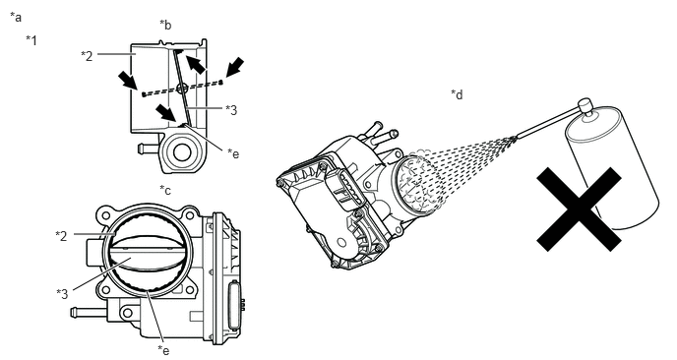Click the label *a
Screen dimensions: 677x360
click(16, 18)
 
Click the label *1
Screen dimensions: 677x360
click(31, 40)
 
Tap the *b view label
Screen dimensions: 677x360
click(165, 25)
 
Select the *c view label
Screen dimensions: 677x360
click(165, 190)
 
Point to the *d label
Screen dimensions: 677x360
click(457, 94)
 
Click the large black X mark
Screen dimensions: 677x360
click(579, 210)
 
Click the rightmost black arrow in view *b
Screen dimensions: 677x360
click(234, 67)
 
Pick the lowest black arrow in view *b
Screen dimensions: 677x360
click(166, 113)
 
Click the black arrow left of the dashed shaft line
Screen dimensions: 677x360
click(128, 82)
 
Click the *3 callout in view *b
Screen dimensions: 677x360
click(231, 110)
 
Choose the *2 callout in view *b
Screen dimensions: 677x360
click(87, 56)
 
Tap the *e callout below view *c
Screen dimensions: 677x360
click(163, 349)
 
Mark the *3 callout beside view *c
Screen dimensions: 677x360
click(62, 294)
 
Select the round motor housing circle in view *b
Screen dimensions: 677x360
click(182, 152)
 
